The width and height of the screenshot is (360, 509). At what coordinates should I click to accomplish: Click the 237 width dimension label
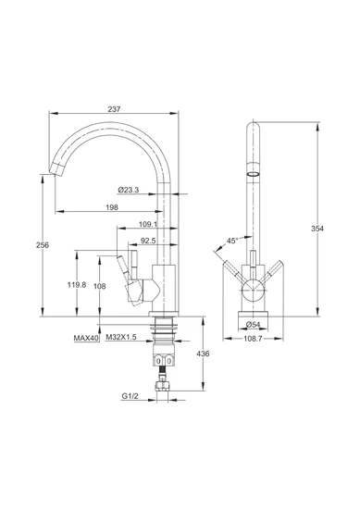point(114,109)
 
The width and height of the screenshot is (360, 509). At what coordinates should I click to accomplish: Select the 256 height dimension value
point(43,245)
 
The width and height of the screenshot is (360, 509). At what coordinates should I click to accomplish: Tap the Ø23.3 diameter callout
point(129,190)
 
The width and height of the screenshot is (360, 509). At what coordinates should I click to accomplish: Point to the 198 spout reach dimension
point(112,207)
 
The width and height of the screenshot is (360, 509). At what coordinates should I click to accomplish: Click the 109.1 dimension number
point(148,224)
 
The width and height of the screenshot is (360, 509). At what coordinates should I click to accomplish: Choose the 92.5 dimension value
point(148,241)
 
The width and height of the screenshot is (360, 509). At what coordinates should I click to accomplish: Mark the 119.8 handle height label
point(77,285)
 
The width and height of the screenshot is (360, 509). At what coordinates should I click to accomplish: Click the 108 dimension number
point(100,286)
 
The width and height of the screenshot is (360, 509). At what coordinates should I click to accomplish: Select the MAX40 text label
point(86,338)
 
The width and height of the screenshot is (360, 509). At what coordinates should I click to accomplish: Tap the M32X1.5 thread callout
point(121,338)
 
